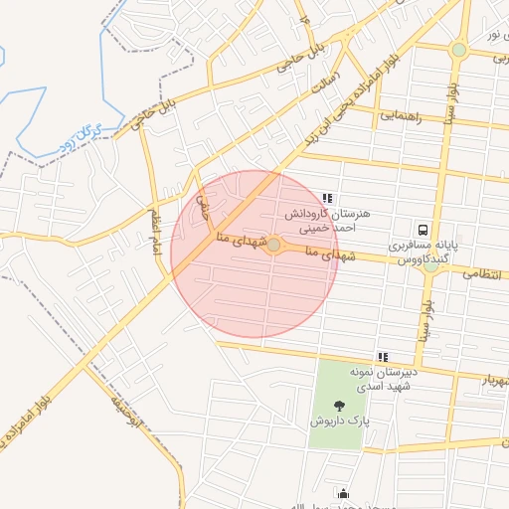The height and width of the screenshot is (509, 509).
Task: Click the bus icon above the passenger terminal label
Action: [x=424, y=228]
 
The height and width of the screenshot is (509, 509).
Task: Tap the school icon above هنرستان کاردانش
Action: [x=328, y=198]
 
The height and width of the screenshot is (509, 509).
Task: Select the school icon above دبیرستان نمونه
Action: [x=382, y=356]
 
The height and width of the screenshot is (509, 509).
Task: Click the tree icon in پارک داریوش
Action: [x=340, y=405]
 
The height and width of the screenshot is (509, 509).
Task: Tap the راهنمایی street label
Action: [x=402, y=116]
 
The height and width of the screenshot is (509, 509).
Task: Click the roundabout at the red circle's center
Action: [x=273, y=244]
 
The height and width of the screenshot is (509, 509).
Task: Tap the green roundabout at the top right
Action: [x=458, y=49]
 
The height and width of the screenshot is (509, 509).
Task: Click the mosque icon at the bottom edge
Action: [x=344, y=493]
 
